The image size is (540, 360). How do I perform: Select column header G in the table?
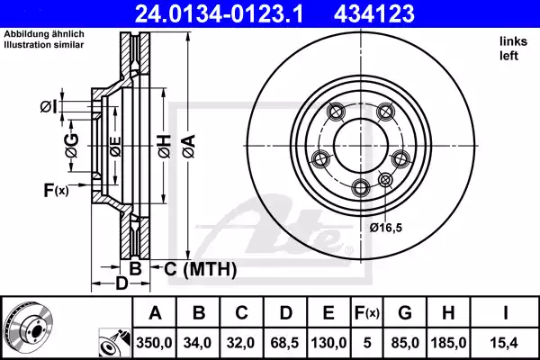[405, 312]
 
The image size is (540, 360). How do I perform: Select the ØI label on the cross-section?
[49, 108]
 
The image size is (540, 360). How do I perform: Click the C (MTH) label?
[200, 268]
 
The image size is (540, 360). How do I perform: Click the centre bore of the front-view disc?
[357, 144]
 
